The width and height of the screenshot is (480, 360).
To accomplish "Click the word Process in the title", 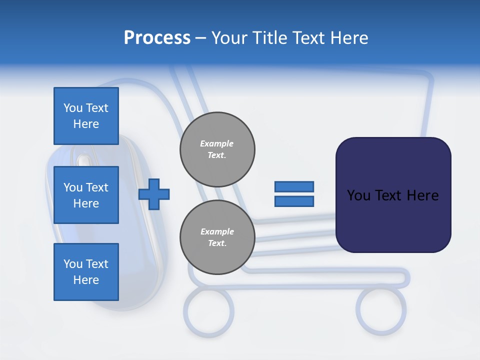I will point(157,37).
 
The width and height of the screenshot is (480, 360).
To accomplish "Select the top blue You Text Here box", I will point(86,116).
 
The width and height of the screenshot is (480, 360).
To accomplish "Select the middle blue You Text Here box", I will point(86,195).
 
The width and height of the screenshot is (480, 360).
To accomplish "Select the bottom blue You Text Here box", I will point(86,271).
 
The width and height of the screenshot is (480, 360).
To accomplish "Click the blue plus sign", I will point(154,194).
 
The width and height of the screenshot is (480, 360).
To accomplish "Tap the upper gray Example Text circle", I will point(217,149).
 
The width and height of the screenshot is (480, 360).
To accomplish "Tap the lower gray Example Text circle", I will point(217,237).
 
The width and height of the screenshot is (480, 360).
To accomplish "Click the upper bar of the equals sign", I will point(294,186).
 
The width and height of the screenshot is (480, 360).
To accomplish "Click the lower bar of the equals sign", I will point(294,201).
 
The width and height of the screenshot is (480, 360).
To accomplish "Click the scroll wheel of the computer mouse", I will point(83,161).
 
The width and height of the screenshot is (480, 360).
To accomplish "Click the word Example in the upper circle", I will point(217,143).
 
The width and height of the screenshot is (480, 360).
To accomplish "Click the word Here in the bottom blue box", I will point(86,280).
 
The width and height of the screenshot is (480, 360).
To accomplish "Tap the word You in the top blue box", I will point(72,108).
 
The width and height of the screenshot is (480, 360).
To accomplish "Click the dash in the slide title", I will point(200,38).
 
